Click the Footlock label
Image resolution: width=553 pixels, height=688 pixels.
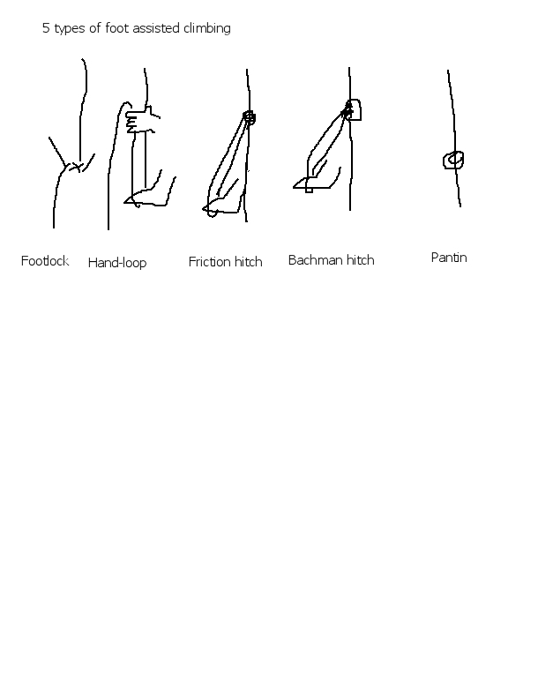(x=45, y=261)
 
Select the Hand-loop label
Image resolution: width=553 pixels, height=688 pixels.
(x=117, y=263)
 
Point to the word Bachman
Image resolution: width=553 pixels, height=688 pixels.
(x=316, y=260)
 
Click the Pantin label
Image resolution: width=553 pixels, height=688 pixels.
(x=449, y=258)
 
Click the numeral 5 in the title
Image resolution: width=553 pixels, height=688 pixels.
(x=46, y=28)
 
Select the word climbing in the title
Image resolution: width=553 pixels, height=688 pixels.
(x=206, y=28)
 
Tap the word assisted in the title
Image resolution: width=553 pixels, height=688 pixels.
(x=156, y=28)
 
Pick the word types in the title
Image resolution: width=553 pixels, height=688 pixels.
(x=70, y=29)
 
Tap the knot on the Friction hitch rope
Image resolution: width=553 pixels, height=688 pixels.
(x=249, y=117)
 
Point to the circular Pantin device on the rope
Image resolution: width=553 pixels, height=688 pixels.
(x=453, y=161)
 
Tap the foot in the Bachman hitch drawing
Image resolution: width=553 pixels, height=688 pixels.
(x=316, y=182)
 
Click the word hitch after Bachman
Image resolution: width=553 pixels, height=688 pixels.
(x=361, y=260)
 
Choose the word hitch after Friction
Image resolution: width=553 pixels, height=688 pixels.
(x=249, y=262)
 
